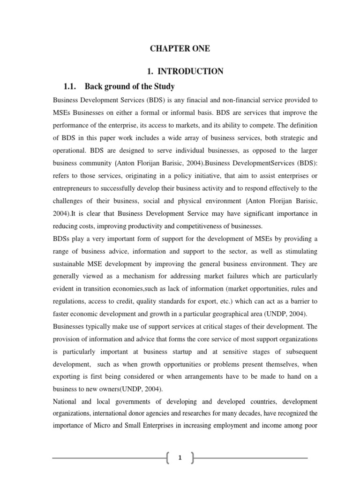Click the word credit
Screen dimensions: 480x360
(x=126, y=301)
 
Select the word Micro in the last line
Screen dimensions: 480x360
(x=100, y=427)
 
